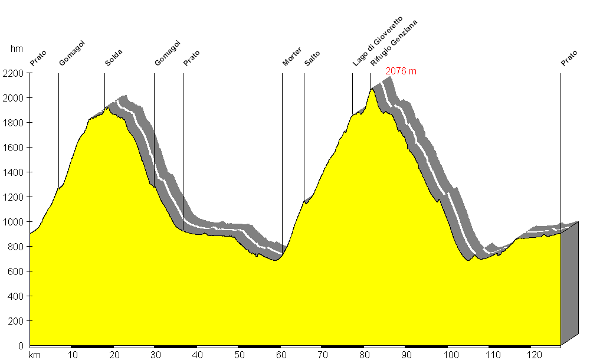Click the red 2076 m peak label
click(x=401, y=71)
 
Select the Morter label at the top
click(x=291, y=56)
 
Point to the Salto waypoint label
click(x=312, y=58)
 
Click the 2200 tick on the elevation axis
click(x=14, y=74)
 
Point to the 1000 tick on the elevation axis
click(x=14, y=222)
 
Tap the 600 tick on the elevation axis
click(x=15, y=271)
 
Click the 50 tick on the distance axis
click(x=240, y=355)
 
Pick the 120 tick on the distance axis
click(x=535, y=355)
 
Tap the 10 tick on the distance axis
click(x=73, y=355)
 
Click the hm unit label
click(x=17, y=50)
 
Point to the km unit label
click(x=34, y=355)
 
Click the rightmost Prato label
click(x=569, y=58)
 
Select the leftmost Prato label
click(x=38, y=58)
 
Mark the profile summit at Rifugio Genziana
click(x=372, y=89)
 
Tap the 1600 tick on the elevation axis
click(x=14, y=148)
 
